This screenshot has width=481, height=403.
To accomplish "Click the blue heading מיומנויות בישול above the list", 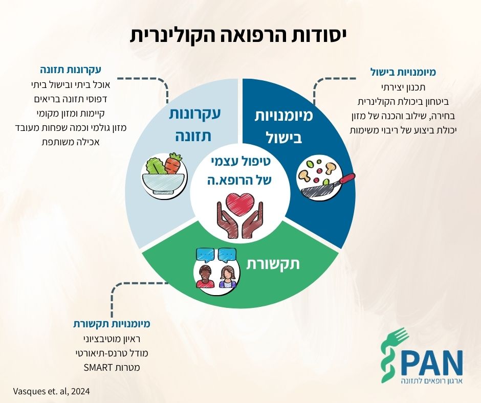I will click(403, 72).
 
